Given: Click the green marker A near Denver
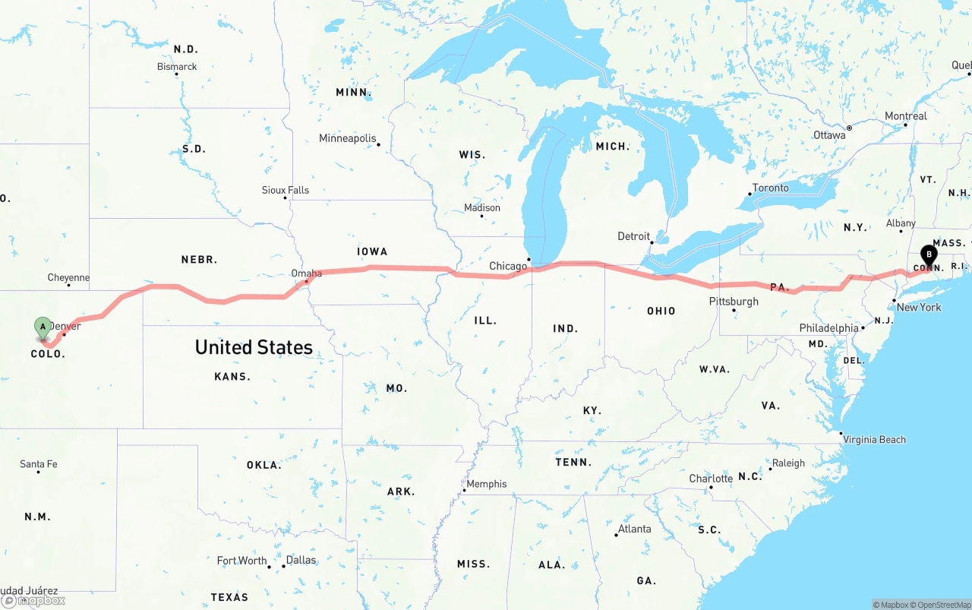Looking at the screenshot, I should point(43,327).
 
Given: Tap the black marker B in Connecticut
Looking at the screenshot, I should point(928,255).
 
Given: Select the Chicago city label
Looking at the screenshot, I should point(508,266).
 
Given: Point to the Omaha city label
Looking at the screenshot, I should point(306,273).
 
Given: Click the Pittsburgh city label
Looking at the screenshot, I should point(734,302).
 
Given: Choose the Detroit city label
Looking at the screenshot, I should point(633,236).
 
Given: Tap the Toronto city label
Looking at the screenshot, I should point(770,188).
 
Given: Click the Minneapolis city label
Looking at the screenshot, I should point(347,138).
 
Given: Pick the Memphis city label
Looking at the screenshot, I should point(486,484).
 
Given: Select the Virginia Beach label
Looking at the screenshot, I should point(874,439).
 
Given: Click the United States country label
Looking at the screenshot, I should point(254,347).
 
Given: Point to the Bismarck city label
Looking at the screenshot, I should point(177,67).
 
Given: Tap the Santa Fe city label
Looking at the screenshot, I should point(38,464).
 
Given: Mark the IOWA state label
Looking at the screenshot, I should point(372,251).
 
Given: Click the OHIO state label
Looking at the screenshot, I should point(661,311).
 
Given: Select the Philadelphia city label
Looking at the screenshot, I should point(828,328).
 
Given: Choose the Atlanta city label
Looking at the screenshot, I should point(634,529).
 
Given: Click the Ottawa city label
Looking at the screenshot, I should point(829,135).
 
